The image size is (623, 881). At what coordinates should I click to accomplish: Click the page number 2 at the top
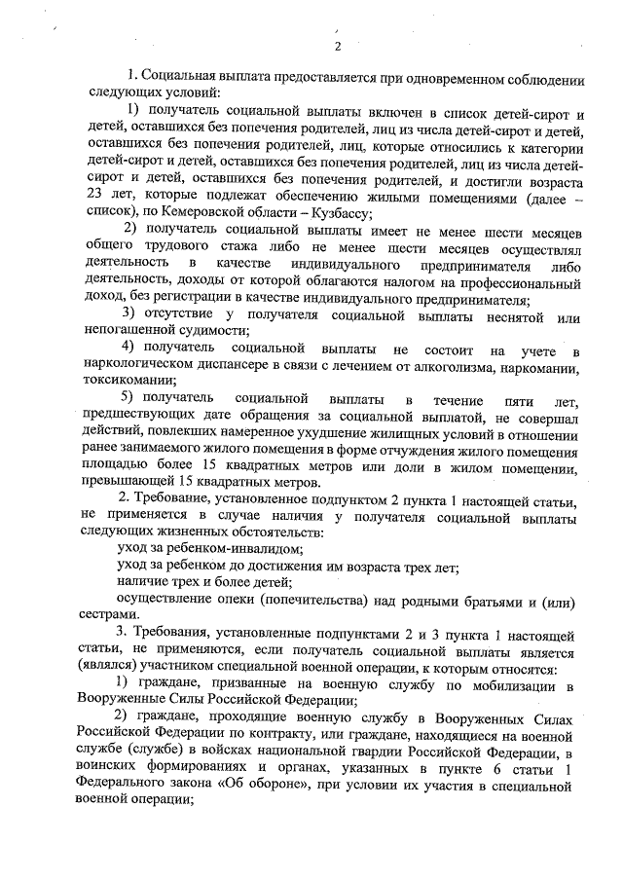[x=338, y=47]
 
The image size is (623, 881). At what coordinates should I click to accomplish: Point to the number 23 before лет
[x=95, y=200]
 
